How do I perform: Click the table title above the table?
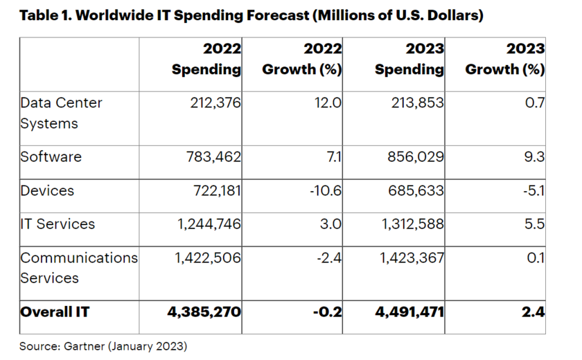[250, 16]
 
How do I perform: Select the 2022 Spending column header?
[206, 60]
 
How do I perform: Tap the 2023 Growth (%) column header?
[504, 60]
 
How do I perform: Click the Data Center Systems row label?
[61, 113]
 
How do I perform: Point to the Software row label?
[51, 156]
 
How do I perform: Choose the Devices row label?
[48, 190]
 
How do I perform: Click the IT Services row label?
[58, 224]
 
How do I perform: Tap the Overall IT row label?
[55, 312]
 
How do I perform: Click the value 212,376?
[215, 103]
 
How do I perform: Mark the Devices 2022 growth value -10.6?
[326, 190]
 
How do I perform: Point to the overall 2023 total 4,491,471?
[410, 312]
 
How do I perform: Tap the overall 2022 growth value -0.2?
[328, 312]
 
